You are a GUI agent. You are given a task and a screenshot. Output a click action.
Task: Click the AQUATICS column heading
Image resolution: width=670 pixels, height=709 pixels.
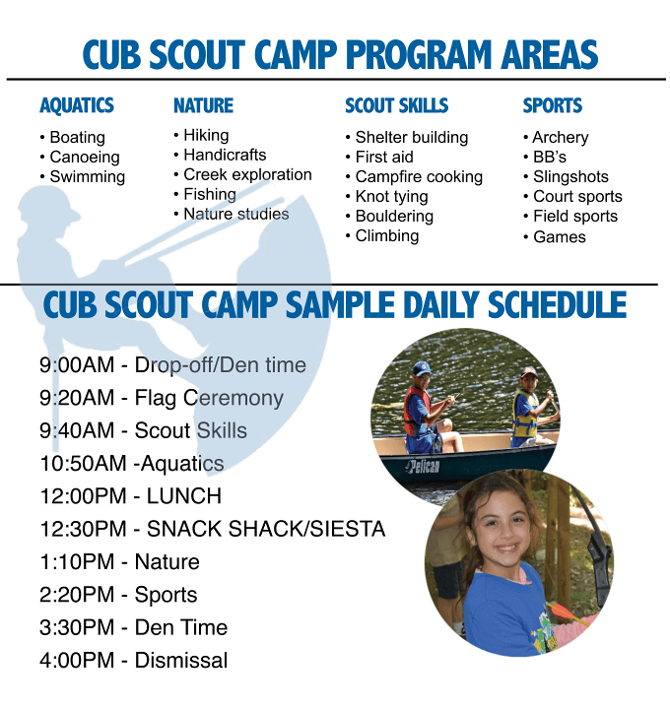(x=77, y=105)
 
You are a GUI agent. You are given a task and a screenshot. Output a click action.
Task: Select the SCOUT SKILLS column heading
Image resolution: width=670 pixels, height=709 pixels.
(x=397, y=105)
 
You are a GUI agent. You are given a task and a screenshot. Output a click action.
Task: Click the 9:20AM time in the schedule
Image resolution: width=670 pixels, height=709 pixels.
(x=77, y=398)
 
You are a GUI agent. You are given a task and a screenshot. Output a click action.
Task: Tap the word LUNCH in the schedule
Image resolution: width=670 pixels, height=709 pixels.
(x=183, y=496)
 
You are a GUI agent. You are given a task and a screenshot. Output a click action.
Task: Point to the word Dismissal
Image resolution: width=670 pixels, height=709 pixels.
(x=181, y=660)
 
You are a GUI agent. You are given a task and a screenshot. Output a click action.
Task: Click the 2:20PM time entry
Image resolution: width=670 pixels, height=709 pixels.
(x=77, y=595)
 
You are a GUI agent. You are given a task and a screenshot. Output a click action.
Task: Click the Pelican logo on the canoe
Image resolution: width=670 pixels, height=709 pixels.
(x=423, y=466)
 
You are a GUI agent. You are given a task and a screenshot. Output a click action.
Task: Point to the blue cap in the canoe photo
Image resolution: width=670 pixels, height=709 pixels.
(x=421, y=368)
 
